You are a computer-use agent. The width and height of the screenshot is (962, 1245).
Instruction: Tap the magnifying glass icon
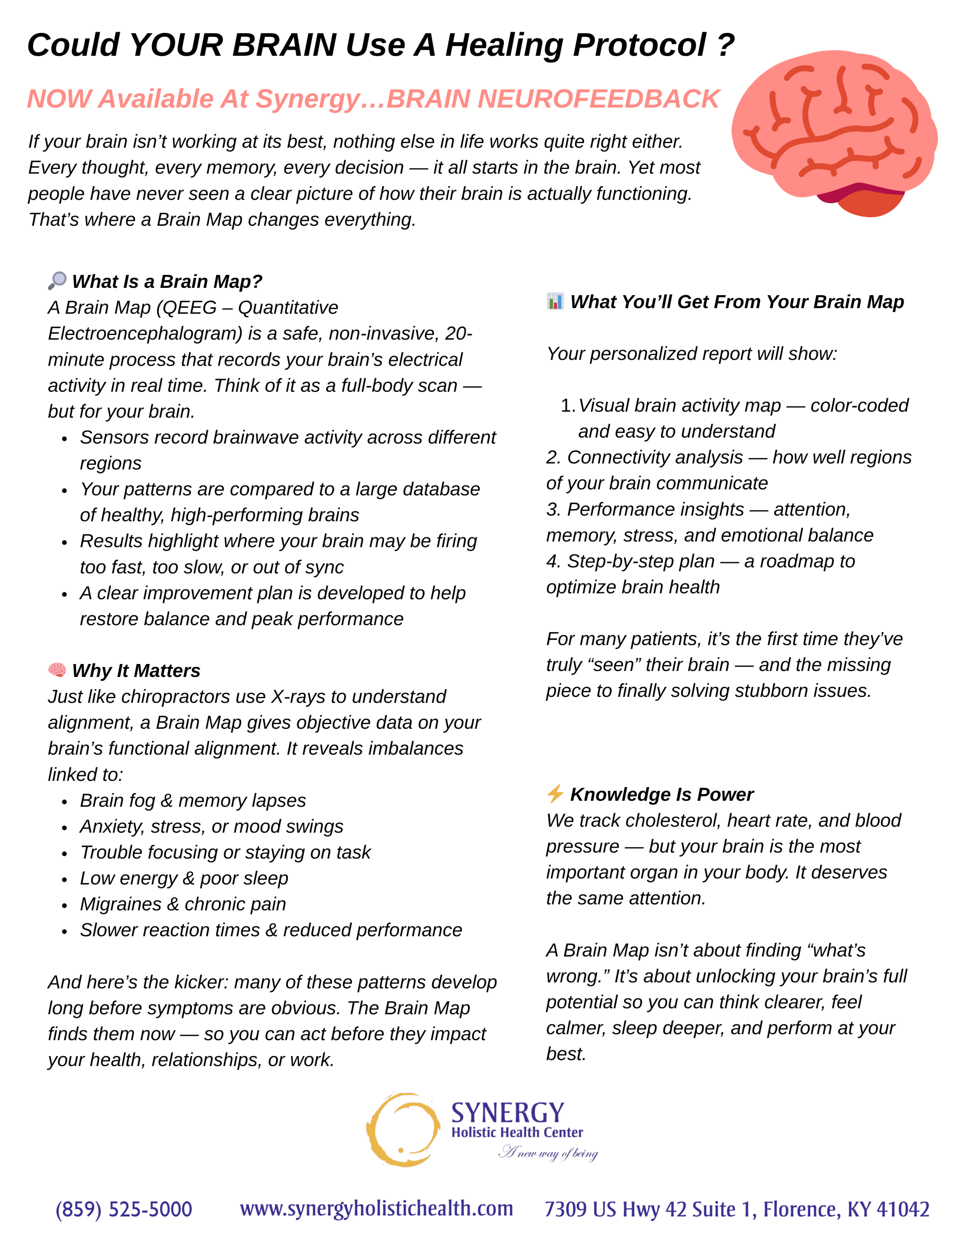tap(57, 281)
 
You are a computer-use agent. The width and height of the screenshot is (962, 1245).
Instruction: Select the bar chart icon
tap(554, 301)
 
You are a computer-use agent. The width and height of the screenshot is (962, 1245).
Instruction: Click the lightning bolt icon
tap(554, 794)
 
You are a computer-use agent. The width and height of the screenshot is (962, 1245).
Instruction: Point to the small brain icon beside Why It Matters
tap(57, 669)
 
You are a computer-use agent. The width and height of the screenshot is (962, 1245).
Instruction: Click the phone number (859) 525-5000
tap(124, 1209)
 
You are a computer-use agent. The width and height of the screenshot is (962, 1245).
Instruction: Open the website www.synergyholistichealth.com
tap(376, 1208)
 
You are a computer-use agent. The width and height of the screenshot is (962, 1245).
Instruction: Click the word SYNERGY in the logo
tap(507, 1112)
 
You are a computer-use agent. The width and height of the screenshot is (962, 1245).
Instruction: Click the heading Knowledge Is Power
tap(661, 794)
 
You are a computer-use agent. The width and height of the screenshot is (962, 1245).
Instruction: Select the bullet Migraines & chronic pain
tap(182, 904)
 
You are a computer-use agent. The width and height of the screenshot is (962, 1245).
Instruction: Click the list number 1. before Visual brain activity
tap(568, 405)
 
